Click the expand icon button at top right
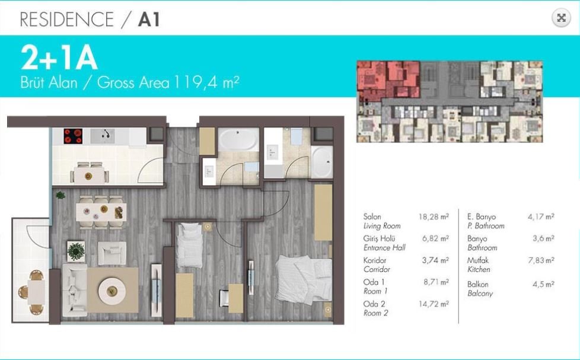click(x=561, y=18)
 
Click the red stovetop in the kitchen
click(x=73, y=136)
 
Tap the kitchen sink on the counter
click(x=103, y=136)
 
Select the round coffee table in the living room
click(x=111, y=291)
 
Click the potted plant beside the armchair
click(x=76, y=251)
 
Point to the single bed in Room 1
click(x=189, y=245)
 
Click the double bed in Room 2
click(x=304, y=279)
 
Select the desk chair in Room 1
click(x=224, y=298)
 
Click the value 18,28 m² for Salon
click(x=434, y=216)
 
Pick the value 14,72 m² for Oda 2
click(x=434, y=304)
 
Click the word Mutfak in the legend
click(x=477, y=260)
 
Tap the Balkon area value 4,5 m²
click(x=543, y=283)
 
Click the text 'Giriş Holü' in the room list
click(x=379, y=238)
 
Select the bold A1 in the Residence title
click(x=149, y=20)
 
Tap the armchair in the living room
click(x=111, y=253)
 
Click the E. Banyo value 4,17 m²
click(x=541, y=216)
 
